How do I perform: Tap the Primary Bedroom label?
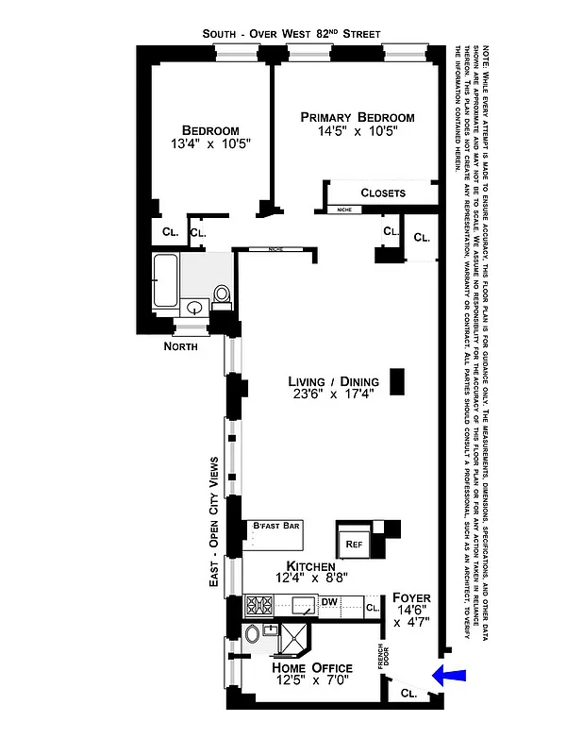coord(358,117)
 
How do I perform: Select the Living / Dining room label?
coord(333,382)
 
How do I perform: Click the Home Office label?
coord(312,668)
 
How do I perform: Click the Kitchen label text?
coord(305,565)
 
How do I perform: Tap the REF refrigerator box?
coord(354,544)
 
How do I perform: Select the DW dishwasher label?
coord(330,600)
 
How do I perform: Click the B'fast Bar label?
coord(275,525)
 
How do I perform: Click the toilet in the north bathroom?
coord(223,295)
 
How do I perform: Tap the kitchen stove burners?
coord(258,604)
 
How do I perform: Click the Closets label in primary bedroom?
coord(383,193)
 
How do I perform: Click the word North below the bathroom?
coord(179,346)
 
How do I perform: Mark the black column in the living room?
coord(397,381)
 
